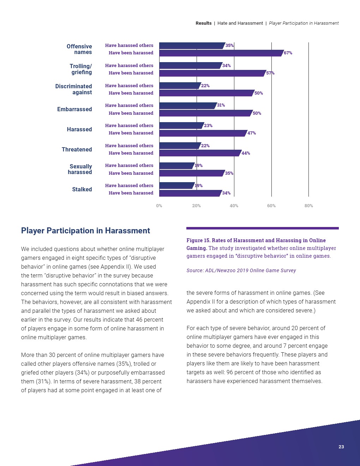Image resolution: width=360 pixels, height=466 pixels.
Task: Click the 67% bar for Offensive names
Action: pyautogui.click(x=221, y=53)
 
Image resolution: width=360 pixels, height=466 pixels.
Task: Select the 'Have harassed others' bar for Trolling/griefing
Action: pyautogui.click(x=191, y=66)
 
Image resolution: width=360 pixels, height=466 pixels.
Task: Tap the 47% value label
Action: pyautogui.click(x=252, y=133)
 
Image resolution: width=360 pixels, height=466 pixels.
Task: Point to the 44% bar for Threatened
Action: pyautogui.click(x=200, y=153)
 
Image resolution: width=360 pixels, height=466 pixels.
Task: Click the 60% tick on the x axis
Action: pyautogui.click(x=271, y=206)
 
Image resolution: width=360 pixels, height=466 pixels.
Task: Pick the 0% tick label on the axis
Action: pyautogui.click(x=159, y=206)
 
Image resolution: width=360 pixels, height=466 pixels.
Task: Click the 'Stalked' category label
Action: pyautogui.click(x=82, y=190)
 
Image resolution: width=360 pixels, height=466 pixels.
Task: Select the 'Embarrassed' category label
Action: pyautogui.click(x=74, y=109)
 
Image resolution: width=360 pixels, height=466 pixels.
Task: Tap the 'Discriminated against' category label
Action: pyautogui.click(x=73, y=89)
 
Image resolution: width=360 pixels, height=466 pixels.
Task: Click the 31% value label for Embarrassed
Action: pyautogui.click(x=221, y=105)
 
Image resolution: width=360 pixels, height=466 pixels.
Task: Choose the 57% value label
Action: pyautogui.click(x=270, y=73)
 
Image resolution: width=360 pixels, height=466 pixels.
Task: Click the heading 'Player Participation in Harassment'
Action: pyautogui.click(x=85, y=231)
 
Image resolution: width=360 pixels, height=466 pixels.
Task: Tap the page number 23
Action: pyautogui.click(x=341, y=447)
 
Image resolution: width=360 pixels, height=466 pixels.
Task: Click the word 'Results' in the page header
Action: pyautogui.click(x=204, y=23)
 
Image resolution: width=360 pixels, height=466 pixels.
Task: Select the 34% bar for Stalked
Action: pyautogui.click(x=190, y=193)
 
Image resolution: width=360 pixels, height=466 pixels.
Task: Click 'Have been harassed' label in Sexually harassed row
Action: pyautogui.click(x=131, y=173)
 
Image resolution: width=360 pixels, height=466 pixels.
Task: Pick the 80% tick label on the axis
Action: pyautogui.click(x=308, y=206)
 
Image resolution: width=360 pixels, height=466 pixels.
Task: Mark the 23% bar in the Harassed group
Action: pyautogui.click(x=181, y=126)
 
